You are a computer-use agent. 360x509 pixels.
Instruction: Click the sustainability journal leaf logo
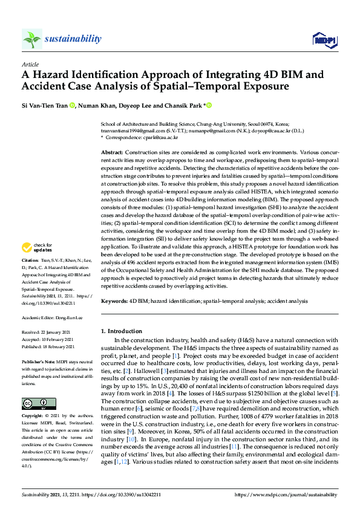tap(32, 39)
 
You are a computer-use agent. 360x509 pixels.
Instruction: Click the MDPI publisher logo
tap(324, 40)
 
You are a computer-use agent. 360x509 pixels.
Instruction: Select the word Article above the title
tap(30, 63)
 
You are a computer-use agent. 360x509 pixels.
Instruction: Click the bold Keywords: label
tap(114, 300)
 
